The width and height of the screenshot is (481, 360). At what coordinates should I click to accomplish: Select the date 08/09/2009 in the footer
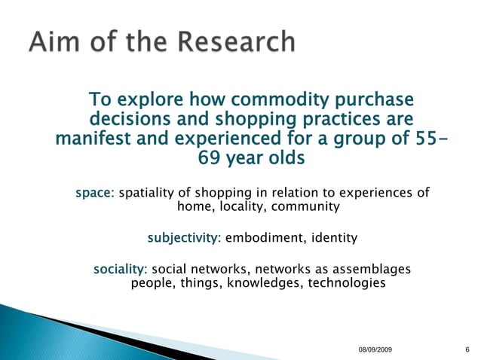click(x=375, y=352)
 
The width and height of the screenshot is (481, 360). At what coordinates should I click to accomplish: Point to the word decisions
click(x=132, y=120)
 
